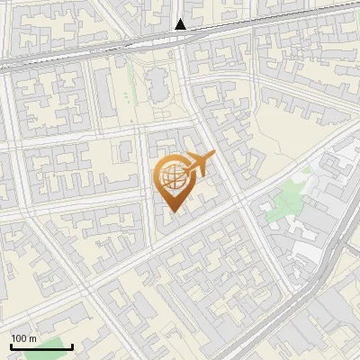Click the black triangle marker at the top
click(x=181, y=24)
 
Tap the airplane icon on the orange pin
click(x=200, y=165)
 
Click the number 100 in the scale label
click(x=19, y=338)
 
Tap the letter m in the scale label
click(x=31, y=338)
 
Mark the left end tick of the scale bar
click(x=11, y=345)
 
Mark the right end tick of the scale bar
click(x=72, y=345)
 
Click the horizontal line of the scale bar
click(x=41, y=346)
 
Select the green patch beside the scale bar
click(x=58, y=346)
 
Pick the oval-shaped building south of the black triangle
click(x=157, y=87)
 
